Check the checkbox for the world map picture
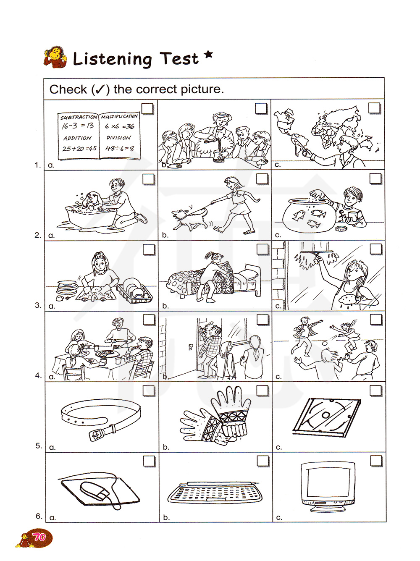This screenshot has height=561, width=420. click(374, 108)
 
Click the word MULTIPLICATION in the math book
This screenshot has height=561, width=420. click(119, 116)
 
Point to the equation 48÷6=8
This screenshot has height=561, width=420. click(120, 148)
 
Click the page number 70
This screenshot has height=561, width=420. click(39, 537)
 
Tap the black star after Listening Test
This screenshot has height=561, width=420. click(209, 55)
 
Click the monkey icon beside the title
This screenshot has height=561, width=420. click(55, 57)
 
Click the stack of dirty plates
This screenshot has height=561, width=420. click(67, 287)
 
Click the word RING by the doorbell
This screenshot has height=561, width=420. click(209, 324)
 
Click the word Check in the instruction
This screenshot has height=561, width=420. click(68, 89)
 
